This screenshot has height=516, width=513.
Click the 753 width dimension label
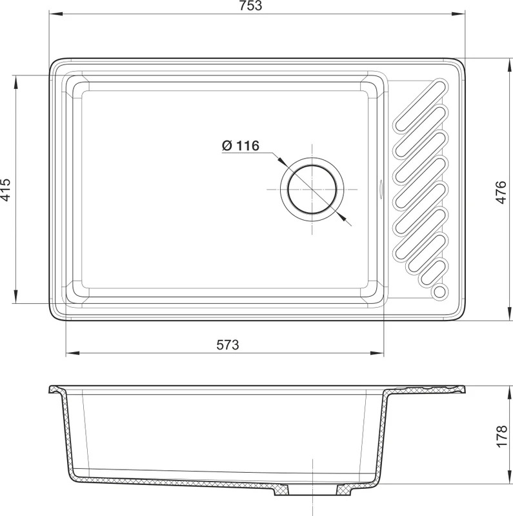tap(251, 6)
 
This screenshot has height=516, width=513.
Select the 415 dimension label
tap(6, 190)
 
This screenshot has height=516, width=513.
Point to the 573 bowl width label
tap(228, 344)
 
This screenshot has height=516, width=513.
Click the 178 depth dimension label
tap(502, 436)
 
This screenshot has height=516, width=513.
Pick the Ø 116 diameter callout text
tap(241, 145)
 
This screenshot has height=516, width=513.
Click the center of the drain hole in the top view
tap(312, 190)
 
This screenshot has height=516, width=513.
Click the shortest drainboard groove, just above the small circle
tap(429, 273)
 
